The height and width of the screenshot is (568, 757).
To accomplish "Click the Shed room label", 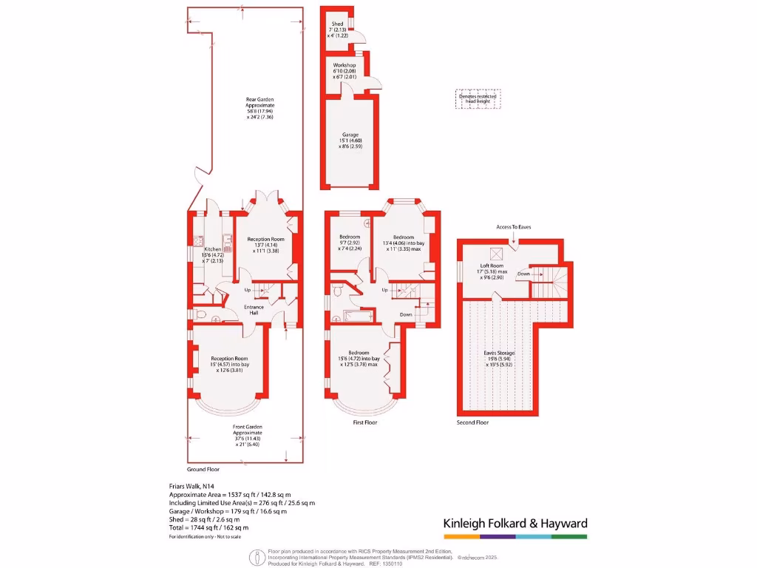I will [x=337, y=24].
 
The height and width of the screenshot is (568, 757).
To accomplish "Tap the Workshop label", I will [x=344, y=66].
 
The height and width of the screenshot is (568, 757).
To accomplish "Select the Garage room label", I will [x=350, y=135].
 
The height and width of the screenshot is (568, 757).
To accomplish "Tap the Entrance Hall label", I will [x=254, y=309].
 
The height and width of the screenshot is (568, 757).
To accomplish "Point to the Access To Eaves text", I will [x=514, y=227].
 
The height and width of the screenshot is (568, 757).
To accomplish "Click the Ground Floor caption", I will [x=203, y=469].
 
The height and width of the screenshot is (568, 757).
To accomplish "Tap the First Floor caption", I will [x=365, y=422].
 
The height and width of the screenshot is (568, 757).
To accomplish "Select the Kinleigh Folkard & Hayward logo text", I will [x=515, y=524].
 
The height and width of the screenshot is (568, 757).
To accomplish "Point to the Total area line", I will [x=209, y=527].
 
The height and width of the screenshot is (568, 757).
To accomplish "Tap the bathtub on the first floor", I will [x=359, y=316].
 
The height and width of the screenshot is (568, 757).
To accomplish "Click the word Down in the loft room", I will [x=523, y=273].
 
